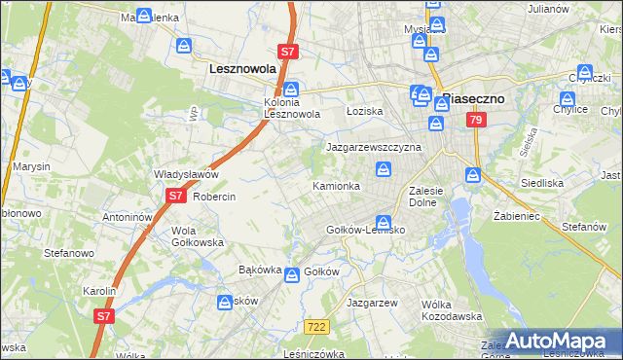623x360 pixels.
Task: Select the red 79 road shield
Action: (475, 120)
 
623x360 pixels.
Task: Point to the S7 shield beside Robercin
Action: (174, 195)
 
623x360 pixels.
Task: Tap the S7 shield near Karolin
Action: (104, 315)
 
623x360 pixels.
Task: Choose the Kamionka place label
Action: (336, 185)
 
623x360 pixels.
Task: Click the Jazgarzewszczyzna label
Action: (373, 147)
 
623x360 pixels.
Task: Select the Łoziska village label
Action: (365, 112)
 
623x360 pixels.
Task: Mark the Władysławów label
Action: (185, 174)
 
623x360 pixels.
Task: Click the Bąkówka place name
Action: (260, 270)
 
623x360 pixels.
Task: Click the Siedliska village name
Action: (567, 182)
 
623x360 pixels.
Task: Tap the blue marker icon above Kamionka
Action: (385, 171)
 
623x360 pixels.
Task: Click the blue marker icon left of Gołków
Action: (291, 276)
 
